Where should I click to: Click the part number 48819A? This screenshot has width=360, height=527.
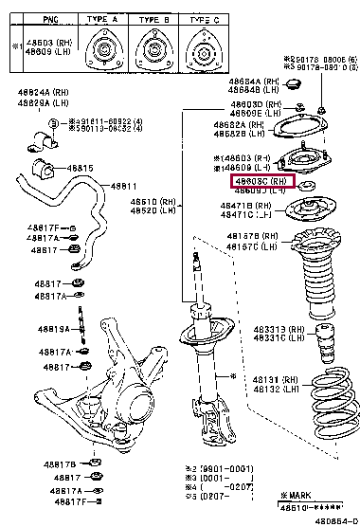pos(52,330)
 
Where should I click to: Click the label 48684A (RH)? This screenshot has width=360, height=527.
pos(252,82)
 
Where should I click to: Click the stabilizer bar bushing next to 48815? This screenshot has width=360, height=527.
pos(46,171)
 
